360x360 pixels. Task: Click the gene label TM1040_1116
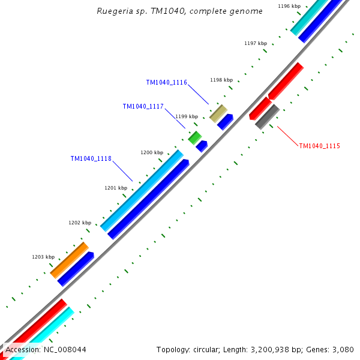[166, 82]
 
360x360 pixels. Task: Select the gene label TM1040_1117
[143, 106]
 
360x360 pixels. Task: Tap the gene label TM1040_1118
[91, 158]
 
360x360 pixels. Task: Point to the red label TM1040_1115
[319, 146]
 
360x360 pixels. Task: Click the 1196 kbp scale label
[289, 6]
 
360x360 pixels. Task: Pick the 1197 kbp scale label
[255, 43]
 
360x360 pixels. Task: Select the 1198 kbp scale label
[221, 80]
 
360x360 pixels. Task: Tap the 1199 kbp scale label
[186, 116]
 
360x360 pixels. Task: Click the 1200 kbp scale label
[152, 152]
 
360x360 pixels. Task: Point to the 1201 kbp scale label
[116, 188]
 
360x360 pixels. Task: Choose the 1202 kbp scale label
[80, 223]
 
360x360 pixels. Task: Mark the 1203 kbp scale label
[43, 257]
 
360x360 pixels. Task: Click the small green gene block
[194, 137]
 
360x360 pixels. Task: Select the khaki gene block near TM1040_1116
[218, 113]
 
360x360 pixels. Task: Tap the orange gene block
[70, 260]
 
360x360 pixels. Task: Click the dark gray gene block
[267, 116]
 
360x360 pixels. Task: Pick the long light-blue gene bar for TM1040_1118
[142, 190]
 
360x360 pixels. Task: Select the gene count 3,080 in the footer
[344, 349]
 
